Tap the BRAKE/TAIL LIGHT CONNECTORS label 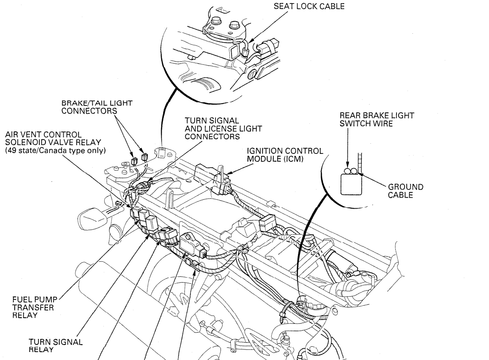[x=90, y=107]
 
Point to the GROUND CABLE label [x=405, y=190]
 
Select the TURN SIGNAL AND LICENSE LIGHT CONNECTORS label [x=223, y=129]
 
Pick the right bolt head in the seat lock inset [x=234, y=26]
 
